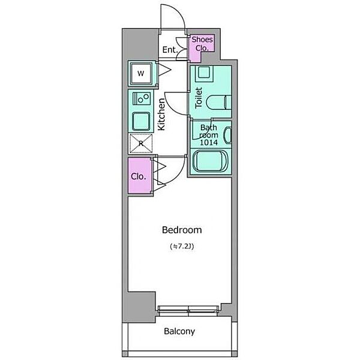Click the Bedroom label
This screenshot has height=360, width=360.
tap(182, 230)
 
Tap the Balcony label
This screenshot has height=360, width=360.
tap(179, 331)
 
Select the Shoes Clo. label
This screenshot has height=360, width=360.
tap(202, 44)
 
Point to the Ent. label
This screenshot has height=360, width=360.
tap(170, 50)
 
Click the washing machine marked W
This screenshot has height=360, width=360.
tap(141, 73)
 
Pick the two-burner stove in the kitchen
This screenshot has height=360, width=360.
tap(142, 98)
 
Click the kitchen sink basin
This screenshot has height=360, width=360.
tap(141, 121)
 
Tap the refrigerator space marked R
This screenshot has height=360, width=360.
tap(141, 143)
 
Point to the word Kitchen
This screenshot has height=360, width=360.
tap(161, 114)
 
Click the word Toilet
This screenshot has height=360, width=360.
tap(199, 98)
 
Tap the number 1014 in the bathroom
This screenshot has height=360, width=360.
tap(209, 143)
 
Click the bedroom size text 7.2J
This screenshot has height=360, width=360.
tap(182, 247)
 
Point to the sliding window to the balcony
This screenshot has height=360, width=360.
tap(188, 311)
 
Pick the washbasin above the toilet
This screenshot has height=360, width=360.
tap(204, 73)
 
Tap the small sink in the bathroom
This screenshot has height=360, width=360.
tap(228, 136)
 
